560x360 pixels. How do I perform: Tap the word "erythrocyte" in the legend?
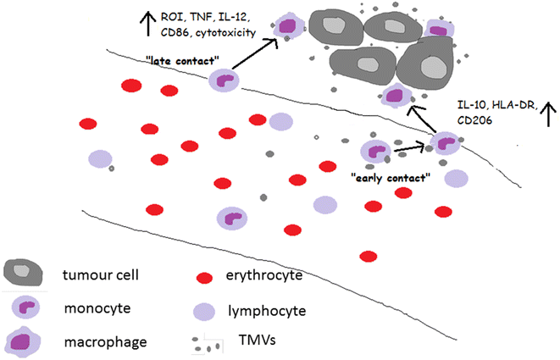click(267, 276)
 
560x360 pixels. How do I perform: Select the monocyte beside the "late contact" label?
click(225, 80)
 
